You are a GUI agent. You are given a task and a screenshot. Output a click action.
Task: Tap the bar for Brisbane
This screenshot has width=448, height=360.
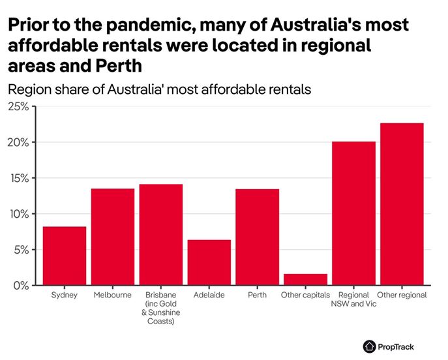point(160,235)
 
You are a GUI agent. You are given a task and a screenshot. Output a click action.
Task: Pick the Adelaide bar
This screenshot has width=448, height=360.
point(209,262)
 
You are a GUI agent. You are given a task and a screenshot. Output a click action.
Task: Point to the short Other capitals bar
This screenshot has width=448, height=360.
point(305,280)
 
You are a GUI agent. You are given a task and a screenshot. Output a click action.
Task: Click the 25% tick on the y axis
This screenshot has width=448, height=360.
point(18,106)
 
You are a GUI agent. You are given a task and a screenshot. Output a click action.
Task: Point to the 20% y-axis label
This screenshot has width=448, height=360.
point(18,142)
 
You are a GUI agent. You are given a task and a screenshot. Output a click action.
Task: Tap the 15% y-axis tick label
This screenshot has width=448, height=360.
point(18,178)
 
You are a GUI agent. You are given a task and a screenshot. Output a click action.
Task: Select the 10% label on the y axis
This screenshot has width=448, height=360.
point(18,214)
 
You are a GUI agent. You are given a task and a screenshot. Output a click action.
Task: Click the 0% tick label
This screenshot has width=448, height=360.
point(21,286)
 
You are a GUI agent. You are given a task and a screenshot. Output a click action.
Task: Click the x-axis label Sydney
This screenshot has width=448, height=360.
point(65,295)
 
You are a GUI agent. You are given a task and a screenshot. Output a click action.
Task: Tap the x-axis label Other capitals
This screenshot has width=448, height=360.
point(305,295)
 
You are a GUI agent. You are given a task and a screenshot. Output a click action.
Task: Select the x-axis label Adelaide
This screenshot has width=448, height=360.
point(209,295)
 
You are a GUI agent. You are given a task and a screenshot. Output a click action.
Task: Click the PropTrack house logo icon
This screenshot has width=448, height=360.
point(370,346)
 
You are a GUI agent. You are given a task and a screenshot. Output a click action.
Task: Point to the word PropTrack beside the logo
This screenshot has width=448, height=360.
point(396,347)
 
